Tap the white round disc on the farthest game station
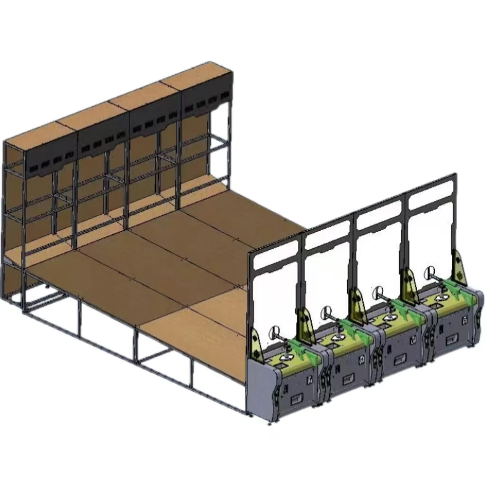[x=431, y=272]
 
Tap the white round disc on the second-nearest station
[x=326, y=312]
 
